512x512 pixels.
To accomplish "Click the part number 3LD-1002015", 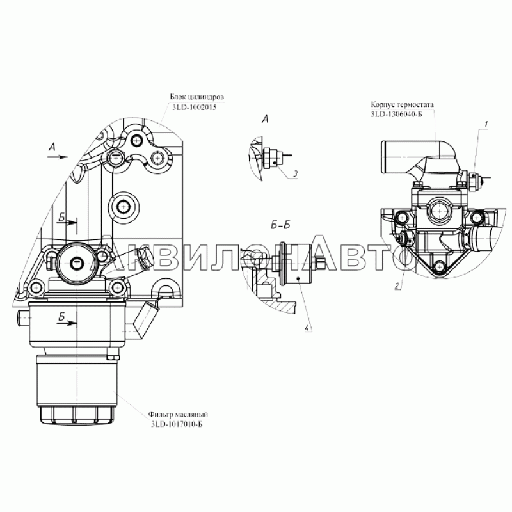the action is pos(195,108).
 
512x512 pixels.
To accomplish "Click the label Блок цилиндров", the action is pos(197,97).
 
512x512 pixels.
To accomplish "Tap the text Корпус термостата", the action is pos(403,104).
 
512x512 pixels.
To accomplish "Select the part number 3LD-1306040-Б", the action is pos(396,114).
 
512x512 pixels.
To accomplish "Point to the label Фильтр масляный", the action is pos(178,414).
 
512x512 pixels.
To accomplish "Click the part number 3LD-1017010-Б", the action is pos(177,424).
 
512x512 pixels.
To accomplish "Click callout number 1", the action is pos(486,124).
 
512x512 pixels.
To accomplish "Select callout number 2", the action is pos(397,286).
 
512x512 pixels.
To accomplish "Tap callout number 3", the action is pos(295,174).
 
